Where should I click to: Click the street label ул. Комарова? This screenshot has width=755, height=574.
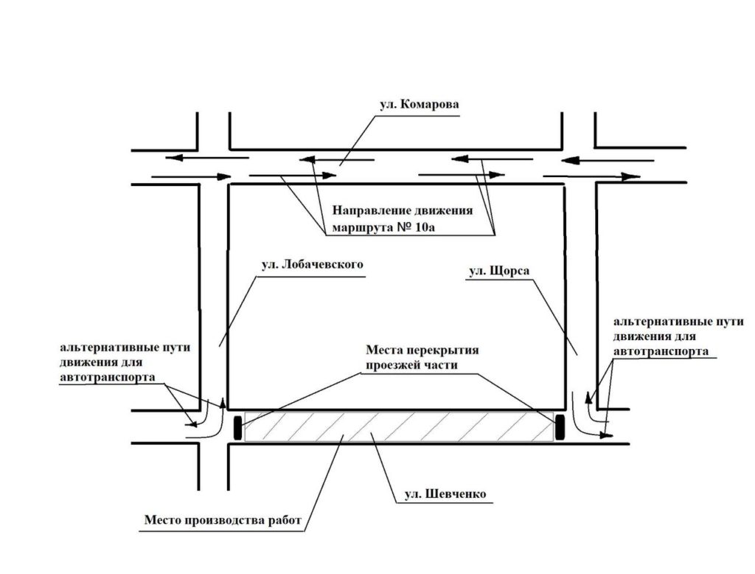pos(419,105)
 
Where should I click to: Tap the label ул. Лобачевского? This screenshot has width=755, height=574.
pos(312,265)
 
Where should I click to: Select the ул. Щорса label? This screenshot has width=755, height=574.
pos(499,271)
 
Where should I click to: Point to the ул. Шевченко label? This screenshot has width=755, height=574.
pos(445,494)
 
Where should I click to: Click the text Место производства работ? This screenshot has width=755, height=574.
pos(223,520)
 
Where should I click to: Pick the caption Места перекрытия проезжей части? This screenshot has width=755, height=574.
pos(422,357)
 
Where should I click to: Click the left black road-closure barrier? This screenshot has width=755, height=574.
pos(238,427)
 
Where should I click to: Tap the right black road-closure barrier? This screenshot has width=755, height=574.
pos(560,427)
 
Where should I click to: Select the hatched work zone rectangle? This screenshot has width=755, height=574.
pos(399,427)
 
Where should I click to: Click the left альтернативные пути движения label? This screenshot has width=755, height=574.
pos(125,362)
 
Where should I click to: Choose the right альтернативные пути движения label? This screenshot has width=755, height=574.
pos(678,336)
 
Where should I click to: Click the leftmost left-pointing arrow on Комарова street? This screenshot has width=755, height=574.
pos(207,158)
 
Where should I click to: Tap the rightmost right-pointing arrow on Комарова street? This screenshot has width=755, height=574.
pos(592,176)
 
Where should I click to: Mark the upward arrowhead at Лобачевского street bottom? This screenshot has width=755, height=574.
pos(223,403)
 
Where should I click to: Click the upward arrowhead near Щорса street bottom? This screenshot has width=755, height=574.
pos(588,398)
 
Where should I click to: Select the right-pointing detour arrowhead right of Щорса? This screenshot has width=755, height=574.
pos(607,435)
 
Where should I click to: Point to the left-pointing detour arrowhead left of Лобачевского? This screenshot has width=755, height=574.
pos(191,424)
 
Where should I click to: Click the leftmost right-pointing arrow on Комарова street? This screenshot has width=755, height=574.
pos(192,177)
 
